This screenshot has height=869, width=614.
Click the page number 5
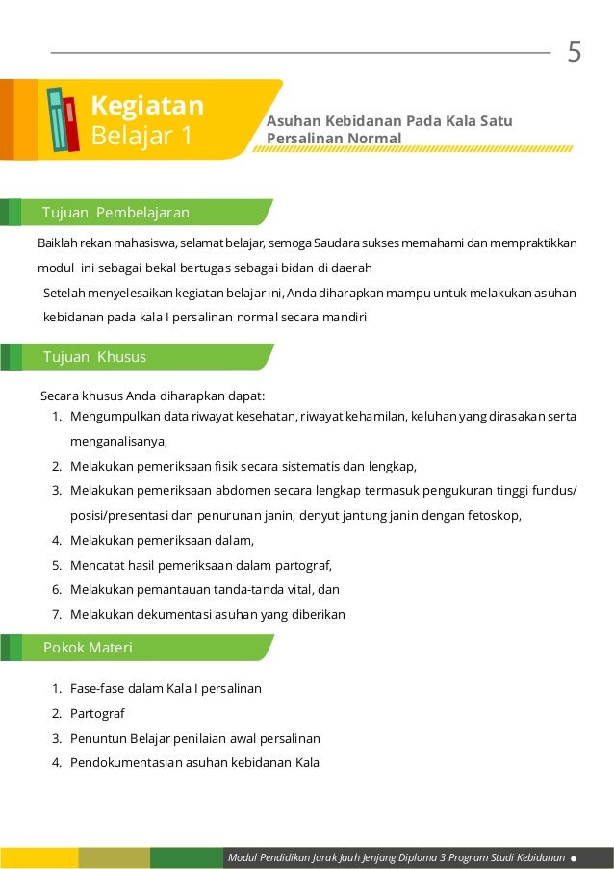[575, 52]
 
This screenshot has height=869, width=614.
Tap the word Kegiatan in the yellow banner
[146, 104]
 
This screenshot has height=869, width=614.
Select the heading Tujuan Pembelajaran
[115, 212]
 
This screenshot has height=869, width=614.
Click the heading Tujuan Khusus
[94, 357]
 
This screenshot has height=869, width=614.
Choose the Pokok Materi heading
[88, 648]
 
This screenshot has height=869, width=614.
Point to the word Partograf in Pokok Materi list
[97, 714]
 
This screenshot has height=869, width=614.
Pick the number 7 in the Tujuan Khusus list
[57, 615]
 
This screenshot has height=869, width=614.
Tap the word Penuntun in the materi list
[99, 739]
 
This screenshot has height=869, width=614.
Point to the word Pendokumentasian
[125, 764]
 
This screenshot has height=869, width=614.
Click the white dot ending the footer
[574, 857]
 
